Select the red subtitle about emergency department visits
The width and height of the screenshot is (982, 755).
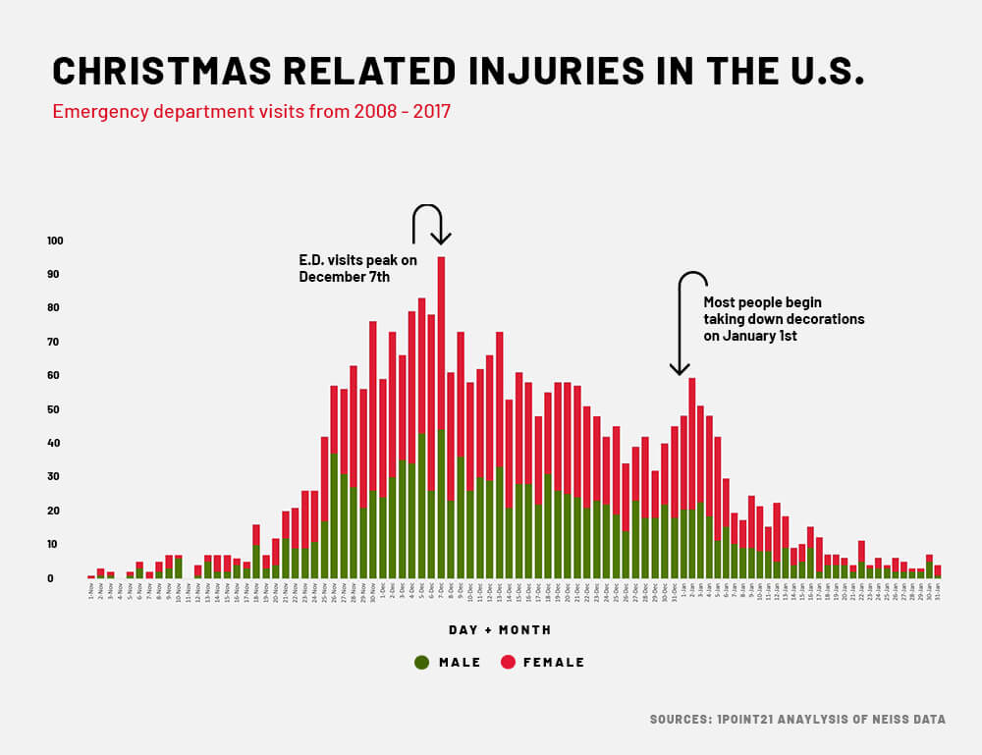pyautogui.click(x=251, y=111)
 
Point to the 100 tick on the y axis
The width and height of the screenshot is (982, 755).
pyautogui.click(x=55, y=241)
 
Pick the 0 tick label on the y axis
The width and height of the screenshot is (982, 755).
pyautogui.click(x=60, y=578)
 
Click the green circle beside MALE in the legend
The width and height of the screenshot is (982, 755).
pyautogui.click(x=422, y=662)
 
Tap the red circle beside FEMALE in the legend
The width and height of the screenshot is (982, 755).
pyautogui.click(x=507, y=662)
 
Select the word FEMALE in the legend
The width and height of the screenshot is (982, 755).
pyautogui.click(x=554, y=663)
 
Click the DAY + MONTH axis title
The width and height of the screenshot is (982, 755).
pyautogui.click(x=500, y=629)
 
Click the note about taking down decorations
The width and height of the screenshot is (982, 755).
pyautogui.click(x=784, y=319)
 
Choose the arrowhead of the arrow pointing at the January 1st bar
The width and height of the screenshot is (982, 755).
pyautogui.click(x=679, y=369)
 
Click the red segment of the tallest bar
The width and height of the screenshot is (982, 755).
pyautogui.click(x=441, y=344)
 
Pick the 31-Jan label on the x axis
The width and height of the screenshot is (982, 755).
pyautogui.click(x=938, y=591)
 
